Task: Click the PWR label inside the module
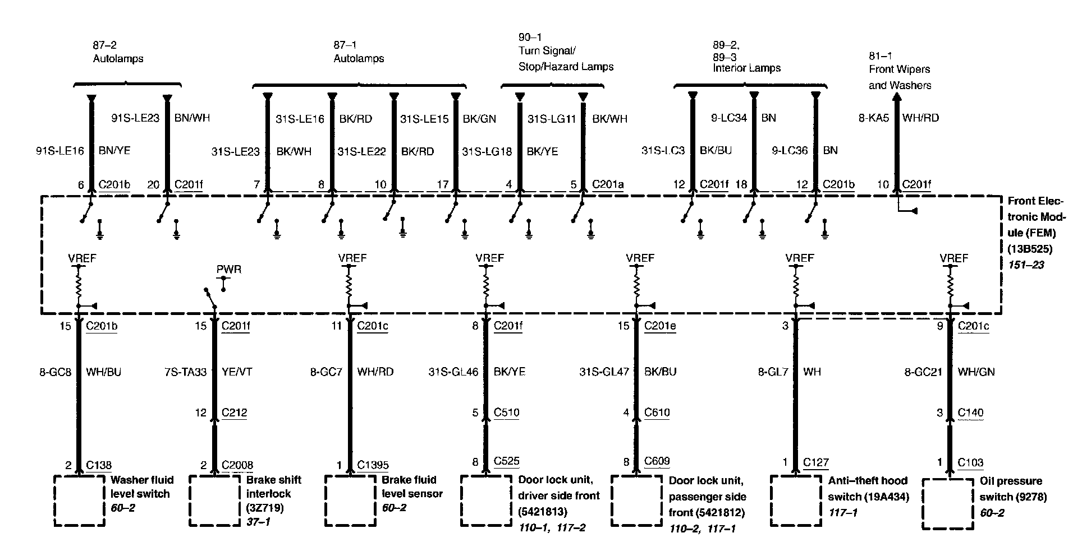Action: point(229,270)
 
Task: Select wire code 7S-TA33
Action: point(186,372)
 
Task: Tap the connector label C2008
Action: point(237,465)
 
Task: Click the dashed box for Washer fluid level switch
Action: point(80,501)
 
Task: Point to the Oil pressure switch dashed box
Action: point(948,503)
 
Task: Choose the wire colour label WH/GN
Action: point(976,372)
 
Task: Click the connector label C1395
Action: point(373,465)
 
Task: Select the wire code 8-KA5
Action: point(874,118)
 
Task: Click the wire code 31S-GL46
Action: point(453,372)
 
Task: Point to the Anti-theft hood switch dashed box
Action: point(796,501)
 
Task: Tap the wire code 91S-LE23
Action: point(135,118)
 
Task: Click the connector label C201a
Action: point(608,184)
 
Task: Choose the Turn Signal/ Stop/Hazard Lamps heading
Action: point(566,59)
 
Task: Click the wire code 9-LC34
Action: point(728,118)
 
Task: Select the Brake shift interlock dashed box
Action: point(215,501)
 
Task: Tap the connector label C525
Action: point(506,462)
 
